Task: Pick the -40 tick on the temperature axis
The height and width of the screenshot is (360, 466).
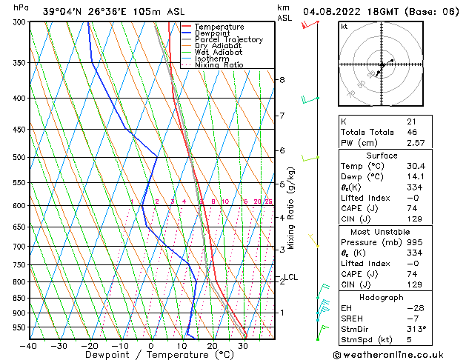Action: [29, 346]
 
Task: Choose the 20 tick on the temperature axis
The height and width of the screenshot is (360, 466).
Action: [213, 346]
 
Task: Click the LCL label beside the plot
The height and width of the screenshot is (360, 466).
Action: [290, 277]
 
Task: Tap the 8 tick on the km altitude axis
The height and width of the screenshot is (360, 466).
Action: [282, 79]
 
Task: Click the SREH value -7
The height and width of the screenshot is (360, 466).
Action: [413, 317]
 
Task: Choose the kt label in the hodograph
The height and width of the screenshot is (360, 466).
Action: [344, 26]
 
